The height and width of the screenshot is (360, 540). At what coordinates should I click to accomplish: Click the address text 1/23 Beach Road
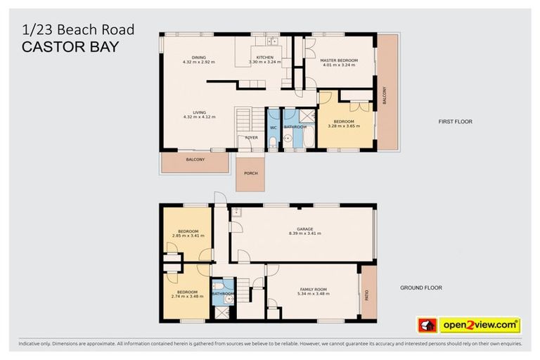(x=78, y=30)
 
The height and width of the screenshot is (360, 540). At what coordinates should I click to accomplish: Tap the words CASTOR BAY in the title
(x=70, y=47)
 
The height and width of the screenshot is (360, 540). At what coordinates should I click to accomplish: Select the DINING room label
(x=199, y=58)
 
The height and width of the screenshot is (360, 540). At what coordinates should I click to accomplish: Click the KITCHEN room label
(x=264, y=57)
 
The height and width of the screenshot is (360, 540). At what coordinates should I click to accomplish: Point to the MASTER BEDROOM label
(x=339, y=60)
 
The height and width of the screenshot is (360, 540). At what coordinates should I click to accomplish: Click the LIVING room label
(x=199, y=112)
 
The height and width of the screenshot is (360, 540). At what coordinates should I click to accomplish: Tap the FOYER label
(x=251, y=138)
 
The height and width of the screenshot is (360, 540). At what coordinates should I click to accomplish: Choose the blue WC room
(x=274, y=127)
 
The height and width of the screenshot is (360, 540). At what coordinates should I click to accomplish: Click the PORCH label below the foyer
(x=250, y=173)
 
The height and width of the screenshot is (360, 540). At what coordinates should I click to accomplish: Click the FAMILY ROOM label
(x=314, y=290)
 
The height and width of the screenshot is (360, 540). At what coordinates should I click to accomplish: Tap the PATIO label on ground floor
(x=366, y=291)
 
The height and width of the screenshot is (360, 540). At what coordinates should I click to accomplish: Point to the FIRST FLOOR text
(x=456, y=122)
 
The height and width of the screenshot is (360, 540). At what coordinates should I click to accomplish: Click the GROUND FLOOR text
(x=421, y=288)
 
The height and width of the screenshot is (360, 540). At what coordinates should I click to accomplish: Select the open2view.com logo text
(x=480, y=325)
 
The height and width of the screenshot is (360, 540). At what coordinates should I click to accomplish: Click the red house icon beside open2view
(x=427, y=325)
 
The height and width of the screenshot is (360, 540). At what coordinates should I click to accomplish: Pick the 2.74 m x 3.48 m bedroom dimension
(x=187, y=296)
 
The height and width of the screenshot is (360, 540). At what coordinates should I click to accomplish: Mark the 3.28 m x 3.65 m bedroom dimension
(x=343, y=127)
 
